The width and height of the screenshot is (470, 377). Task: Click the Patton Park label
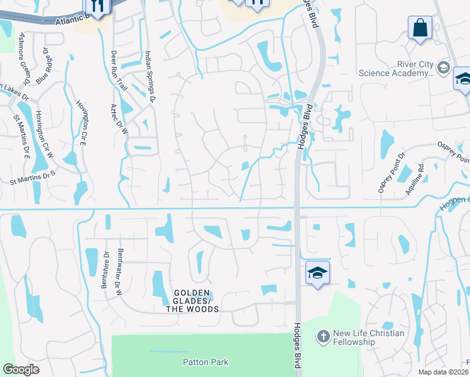206,362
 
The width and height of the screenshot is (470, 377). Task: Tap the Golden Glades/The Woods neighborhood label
192,301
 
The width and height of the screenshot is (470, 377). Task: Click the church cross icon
324,337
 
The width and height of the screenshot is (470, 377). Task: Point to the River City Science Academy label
396,68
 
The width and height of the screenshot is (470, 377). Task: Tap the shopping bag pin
420,28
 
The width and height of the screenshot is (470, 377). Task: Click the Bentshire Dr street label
105,270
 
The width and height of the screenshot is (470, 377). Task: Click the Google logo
21,369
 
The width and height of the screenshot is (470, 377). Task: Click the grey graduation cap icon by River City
444,68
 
